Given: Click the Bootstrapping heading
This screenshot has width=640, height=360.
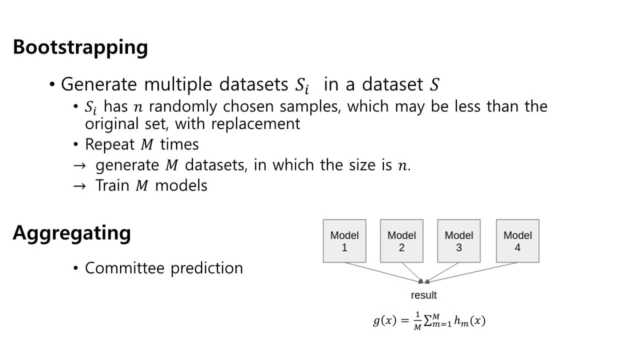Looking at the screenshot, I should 80,47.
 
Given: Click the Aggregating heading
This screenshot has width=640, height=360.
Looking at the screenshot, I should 71,232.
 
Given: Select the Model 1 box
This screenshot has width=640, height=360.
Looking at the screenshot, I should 344,241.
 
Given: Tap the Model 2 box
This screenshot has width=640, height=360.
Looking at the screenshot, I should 401,241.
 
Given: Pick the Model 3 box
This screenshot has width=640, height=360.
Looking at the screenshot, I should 458,241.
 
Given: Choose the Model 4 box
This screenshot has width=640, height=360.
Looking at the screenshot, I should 517,241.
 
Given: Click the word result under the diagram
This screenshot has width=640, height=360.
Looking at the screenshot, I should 423,295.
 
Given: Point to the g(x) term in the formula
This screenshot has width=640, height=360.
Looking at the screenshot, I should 384,320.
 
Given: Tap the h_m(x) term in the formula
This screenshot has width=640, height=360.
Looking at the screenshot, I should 469,320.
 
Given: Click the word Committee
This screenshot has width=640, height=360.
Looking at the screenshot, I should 125,268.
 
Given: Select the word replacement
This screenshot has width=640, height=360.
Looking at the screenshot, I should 255,123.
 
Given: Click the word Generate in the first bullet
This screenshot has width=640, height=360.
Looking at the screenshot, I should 98,84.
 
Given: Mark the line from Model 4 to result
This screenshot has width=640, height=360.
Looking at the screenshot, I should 475,271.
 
